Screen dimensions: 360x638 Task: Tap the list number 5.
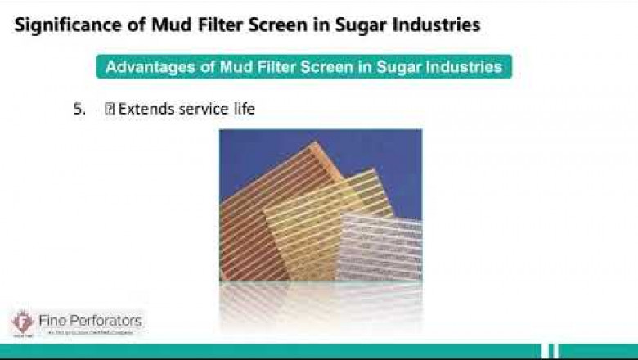coord(79,109)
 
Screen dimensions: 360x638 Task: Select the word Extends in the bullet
coord(146,109)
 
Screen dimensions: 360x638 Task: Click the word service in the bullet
coord(202,109)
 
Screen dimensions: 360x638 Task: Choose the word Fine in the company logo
coord(52,320)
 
